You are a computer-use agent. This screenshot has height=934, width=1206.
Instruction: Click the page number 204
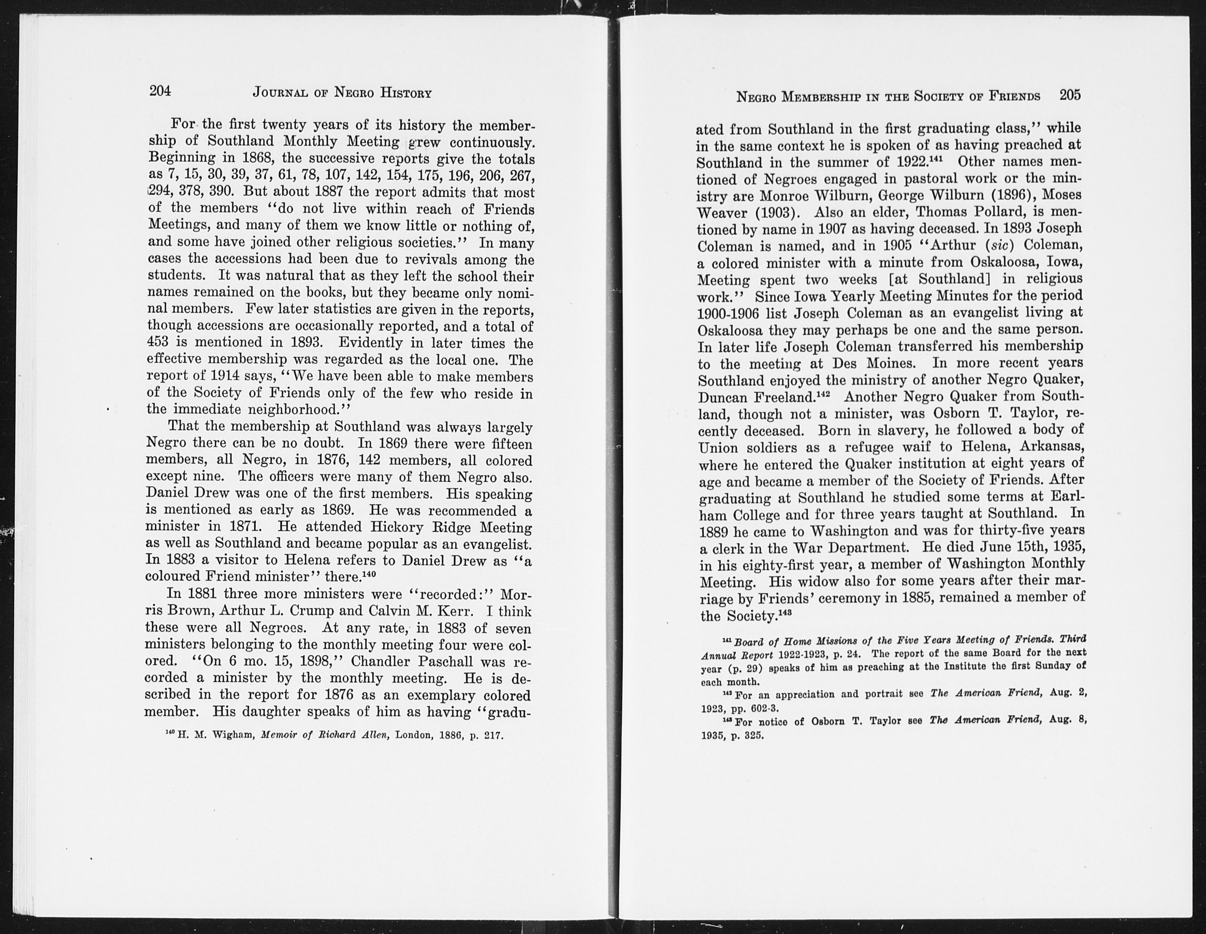tap(161, 90)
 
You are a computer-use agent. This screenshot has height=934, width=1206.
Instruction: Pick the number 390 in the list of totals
tap(222, 192)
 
